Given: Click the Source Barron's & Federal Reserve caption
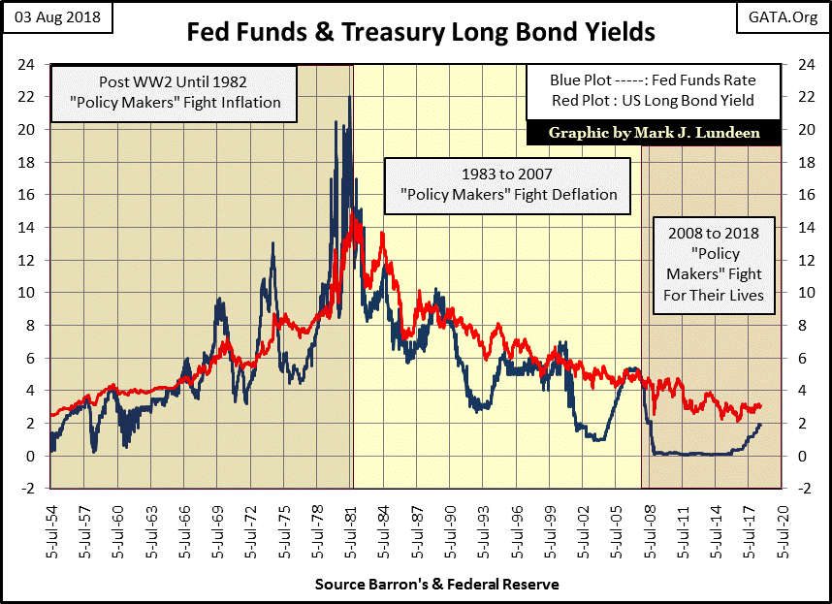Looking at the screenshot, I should click(x=436, y=585).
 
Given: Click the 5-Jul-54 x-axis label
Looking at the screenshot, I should click(x=48, y=524).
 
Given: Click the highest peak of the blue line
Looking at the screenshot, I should click(x=348, y=98).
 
